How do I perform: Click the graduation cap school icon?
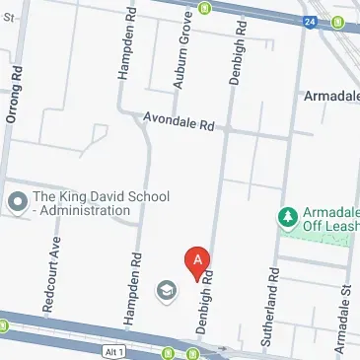166,290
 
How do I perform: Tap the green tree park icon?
288,215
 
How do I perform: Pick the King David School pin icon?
17,202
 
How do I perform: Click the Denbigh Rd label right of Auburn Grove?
236,48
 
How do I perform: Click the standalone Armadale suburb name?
329,96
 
